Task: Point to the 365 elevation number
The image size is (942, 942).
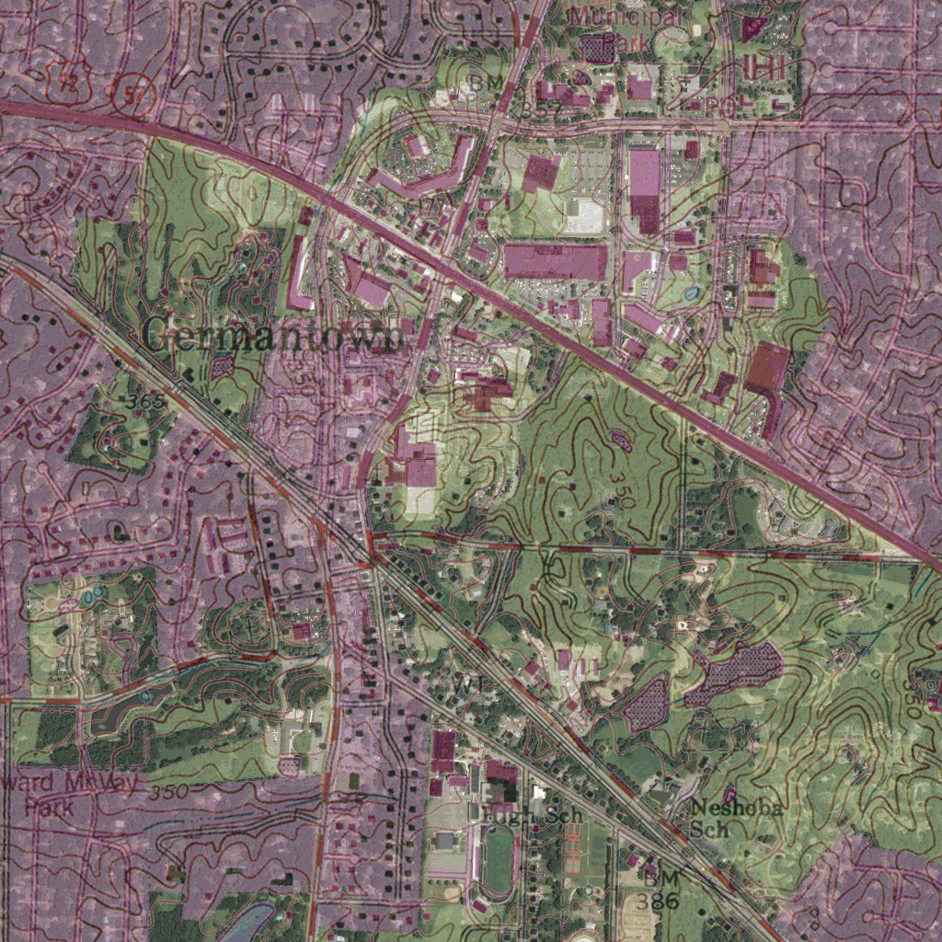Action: point(146,401)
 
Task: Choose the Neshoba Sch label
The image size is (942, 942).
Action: point(736,817)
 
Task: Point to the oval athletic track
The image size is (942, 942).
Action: point(497,860)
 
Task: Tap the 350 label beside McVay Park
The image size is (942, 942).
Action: point(168,791)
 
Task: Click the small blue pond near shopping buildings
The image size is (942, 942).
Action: point(691,293)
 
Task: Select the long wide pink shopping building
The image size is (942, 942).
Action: point(556,261)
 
